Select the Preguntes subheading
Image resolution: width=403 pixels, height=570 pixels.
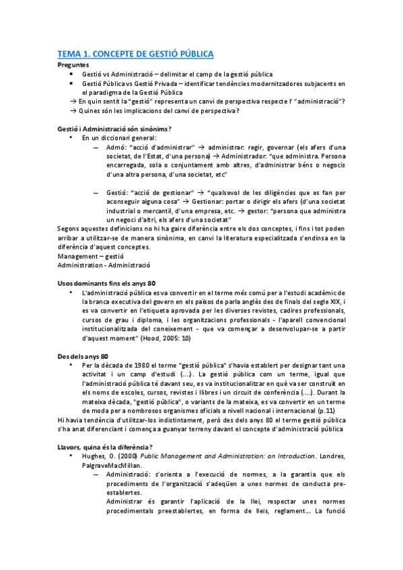pos(74,65)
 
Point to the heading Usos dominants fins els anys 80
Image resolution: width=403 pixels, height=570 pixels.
pos(106,283)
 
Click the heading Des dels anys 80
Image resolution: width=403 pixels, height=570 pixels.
pos(83,356)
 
